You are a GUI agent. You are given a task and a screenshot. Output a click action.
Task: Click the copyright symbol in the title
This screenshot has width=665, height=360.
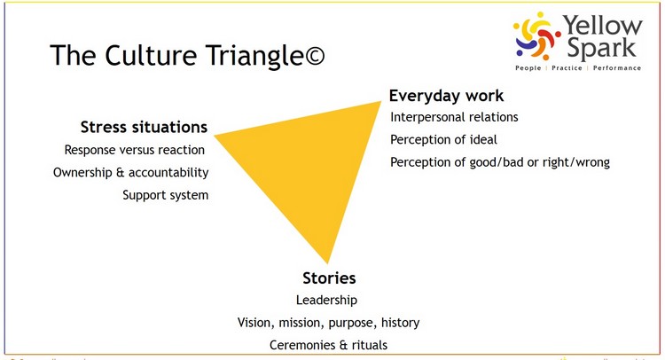(x=315, y=56)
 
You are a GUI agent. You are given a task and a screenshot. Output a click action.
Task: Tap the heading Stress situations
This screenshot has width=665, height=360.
(x=144, y=127)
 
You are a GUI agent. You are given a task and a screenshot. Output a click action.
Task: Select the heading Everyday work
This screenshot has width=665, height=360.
(x=446, y=97)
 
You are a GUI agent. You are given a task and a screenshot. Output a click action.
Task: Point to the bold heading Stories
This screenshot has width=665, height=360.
(x=329, y=278)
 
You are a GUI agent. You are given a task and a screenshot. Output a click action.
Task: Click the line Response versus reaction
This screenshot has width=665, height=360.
(x=135, y=150)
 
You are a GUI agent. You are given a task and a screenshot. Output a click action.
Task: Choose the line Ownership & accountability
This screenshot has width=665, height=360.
(x=130, y=173)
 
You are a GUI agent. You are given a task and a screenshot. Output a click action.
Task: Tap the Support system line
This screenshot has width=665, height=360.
(x=166, y=195)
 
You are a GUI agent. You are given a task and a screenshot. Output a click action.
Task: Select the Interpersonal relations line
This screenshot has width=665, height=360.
(x=454, y=117)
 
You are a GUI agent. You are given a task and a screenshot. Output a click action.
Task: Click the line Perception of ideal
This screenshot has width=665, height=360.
(x=443, y=140)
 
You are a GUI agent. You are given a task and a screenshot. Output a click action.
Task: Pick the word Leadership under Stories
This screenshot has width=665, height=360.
(x=326, y=301)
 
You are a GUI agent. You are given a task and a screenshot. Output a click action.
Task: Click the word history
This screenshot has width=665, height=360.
(x=401, y=323)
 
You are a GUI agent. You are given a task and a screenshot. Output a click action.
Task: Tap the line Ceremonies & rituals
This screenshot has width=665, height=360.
(x=329, y=345)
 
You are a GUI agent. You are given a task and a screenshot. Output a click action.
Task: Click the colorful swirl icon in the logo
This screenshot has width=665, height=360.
(x=537, y=36)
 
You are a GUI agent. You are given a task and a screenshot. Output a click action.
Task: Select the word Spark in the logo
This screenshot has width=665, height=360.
(x=601, y=48)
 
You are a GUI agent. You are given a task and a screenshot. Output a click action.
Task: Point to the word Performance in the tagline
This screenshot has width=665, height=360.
(x=617, y=68)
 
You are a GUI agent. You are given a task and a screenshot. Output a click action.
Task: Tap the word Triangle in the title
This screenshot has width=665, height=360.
(x=254, y=57)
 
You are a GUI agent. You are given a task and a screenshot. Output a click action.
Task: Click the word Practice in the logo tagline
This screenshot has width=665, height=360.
(x=567, y=68)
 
